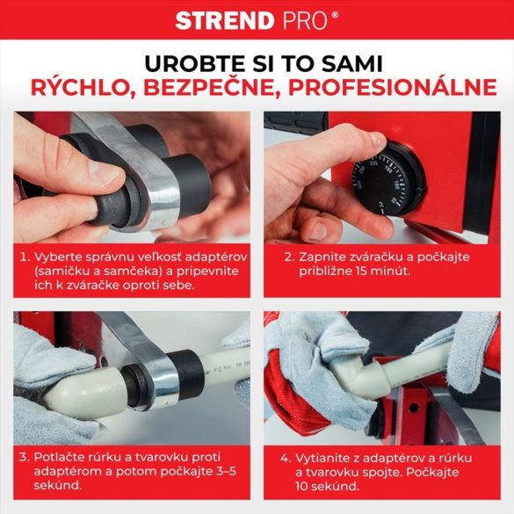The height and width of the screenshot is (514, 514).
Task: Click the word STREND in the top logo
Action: [226, 20]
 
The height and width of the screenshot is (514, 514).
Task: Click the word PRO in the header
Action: [308, 20]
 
